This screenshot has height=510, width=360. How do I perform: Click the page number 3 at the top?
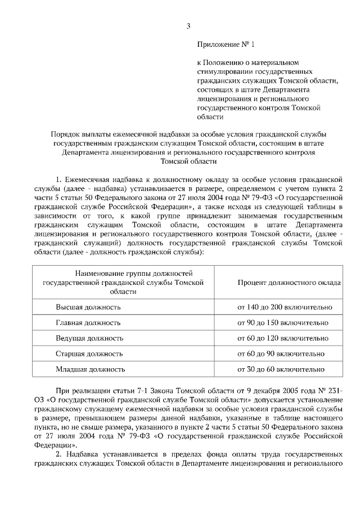point(188,26)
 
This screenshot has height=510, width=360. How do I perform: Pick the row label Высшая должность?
point(87,307)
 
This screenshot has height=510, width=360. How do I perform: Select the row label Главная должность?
point(87,323)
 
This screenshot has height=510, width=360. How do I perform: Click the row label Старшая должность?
point(89,354)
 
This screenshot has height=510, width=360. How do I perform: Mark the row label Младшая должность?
point(90,369)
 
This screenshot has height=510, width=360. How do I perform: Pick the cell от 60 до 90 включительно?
point(281,354)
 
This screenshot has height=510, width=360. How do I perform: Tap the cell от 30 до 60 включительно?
point(281,369)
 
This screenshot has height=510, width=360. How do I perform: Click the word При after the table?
point(64,391)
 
